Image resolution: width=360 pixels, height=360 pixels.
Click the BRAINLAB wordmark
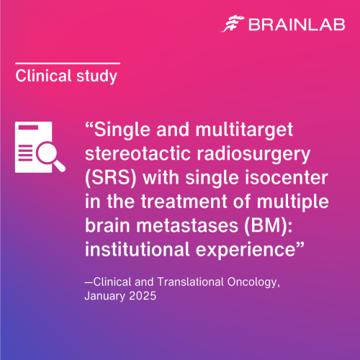pos(297,24)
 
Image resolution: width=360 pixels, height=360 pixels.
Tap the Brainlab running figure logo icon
pos(233,24)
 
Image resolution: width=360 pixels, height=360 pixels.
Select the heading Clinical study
pos(66,76)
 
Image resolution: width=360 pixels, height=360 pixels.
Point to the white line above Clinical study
pos(68,63)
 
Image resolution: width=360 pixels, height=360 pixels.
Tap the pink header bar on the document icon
pos(28,127)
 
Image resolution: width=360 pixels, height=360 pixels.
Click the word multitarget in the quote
pos(244,130)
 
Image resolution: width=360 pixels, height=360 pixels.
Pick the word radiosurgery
pos(253,155)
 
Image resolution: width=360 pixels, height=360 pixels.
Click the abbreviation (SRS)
pos(111,178)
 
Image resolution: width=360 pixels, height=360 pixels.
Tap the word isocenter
pos(286,178)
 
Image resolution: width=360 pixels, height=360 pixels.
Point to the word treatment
pos(184,202)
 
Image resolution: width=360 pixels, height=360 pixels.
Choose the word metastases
pos(187,226)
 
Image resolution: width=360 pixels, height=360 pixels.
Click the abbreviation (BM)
pos(269,226)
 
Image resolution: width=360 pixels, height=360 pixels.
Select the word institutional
pos(138,250)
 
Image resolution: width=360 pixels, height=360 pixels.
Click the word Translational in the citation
pos(190,282)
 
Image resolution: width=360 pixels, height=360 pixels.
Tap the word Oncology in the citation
pos(253,282)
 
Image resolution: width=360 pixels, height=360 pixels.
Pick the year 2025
pos(143,296)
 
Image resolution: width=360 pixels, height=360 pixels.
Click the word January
pos(105,296)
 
